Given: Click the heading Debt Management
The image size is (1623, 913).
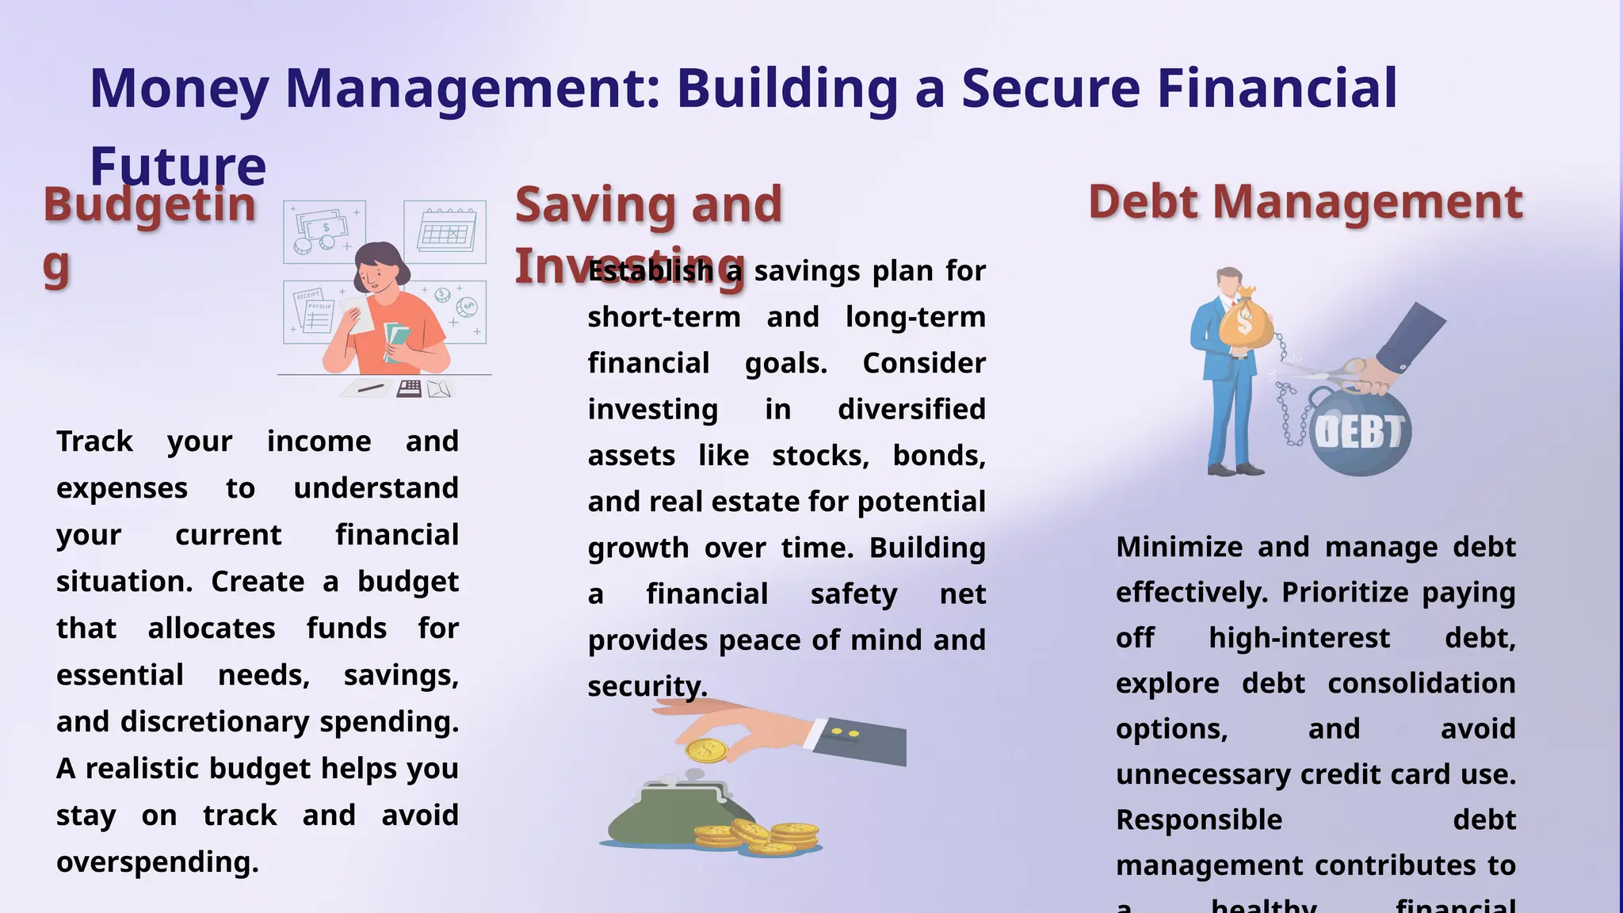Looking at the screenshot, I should click(x=1305, y=202).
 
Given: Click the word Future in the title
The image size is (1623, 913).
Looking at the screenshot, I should click(x=178, y=166).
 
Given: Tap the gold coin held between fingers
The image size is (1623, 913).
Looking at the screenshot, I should click(x=706, y=750).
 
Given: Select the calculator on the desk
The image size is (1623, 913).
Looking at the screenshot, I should click(x=409, y=388).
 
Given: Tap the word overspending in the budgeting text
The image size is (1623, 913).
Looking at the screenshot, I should click(x=157, y=861).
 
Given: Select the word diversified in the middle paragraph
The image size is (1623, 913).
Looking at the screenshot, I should click(x=911, y=409).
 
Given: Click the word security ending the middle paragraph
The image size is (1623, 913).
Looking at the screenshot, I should click(x=647, y=686).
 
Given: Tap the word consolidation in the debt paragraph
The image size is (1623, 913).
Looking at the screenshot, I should click(x=1422, y=683).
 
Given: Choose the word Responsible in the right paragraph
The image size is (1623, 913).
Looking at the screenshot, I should click(x=1198, y=819).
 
